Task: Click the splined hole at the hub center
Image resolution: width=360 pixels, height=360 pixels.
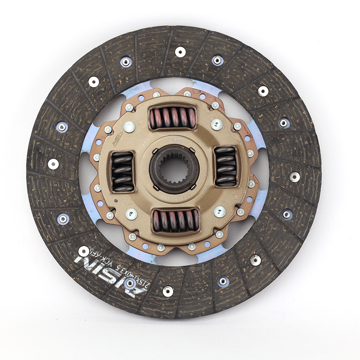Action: [175, 169]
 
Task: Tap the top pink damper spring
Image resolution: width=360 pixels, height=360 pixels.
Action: [172, 118]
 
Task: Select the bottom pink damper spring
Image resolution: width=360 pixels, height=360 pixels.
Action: [176, 221]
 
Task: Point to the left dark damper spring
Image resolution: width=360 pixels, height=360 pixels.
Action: [122, 171]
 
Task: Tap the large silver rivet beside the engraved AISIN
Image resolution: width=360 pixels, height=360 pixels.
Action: [129, 127]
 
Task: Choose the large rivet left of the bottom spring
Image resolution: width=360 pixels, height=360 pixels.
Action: [131, 214]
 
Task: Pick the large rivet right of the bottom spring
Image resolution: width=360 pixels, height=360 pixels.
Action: [219, 212]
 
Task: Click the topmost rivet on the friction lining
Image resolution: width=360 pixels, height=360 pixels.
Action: [180, 52]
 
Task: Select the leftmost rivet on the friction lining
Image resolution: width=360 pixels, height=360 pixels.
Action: [53, 164]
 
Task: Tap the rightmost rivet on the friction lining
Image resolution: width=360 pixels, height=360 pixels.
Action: [294, 176]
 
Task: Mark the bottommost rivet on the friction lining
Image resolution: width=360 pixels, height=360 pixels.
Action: [168, 291]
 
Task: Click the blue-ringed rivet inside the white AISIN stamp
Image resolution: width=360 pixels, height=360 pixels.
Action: [130, 283]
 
